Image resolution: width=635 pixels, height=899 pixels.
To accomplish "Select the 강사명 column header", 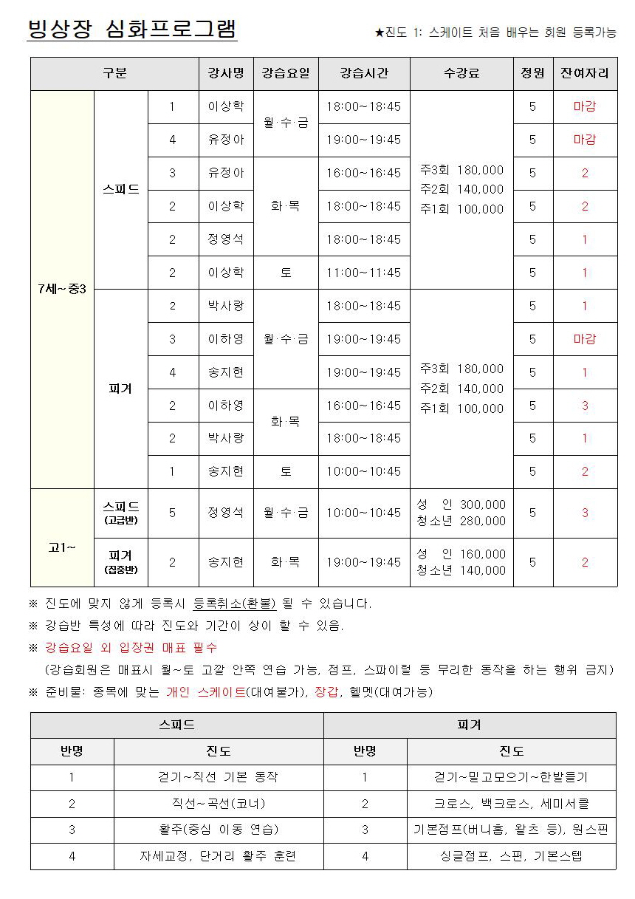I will [x=225, y=73].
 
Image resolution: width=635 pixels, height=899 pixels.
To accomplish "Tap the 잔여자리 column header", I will [x=585, y=73].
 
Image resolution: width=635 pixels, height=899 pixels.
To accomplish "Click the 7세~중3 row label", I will [x=62, y=289].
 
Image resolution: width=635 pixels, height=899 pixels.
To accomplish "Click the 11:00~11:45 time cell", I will [x=363, y=273].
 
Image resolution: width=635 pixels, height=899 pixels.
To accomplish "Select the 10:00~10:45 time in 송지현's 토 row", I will [x=363, y=471].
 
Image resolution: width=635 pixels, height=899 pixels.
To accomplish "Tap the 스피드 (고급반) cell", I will [x=121, y=513].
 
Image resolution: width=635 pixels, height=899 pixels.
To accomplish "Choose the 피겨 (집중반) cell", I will [x=121, y=561].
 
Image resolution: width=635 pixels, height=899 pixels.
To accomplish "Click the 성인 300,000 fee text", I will [x=461, y=505].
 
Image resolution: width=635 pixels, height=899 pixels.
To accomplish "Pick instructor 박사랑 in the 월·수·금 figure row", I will [x=225, y=306].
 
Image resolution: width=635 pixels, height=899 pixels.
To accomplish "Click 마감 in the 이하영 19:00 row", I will [x=585, y=339].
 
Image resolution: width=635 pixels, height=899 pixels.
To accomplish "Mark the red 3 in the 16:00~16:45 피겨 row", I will [x=585, y=406].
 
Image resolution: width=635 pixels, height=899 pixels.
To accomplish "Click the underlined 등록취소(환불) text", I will [x=234, y=604].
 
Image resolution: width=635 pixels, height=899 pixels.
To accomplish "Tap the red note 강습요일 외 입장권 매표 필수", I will [x=131, y=648].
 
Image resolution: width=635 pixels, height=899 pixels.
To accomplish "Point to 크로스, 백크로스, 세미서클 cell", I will [x=511, y=804].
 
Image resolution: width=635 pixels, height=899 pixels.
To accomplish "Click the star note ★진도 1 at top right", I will [x=495, y=33].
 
